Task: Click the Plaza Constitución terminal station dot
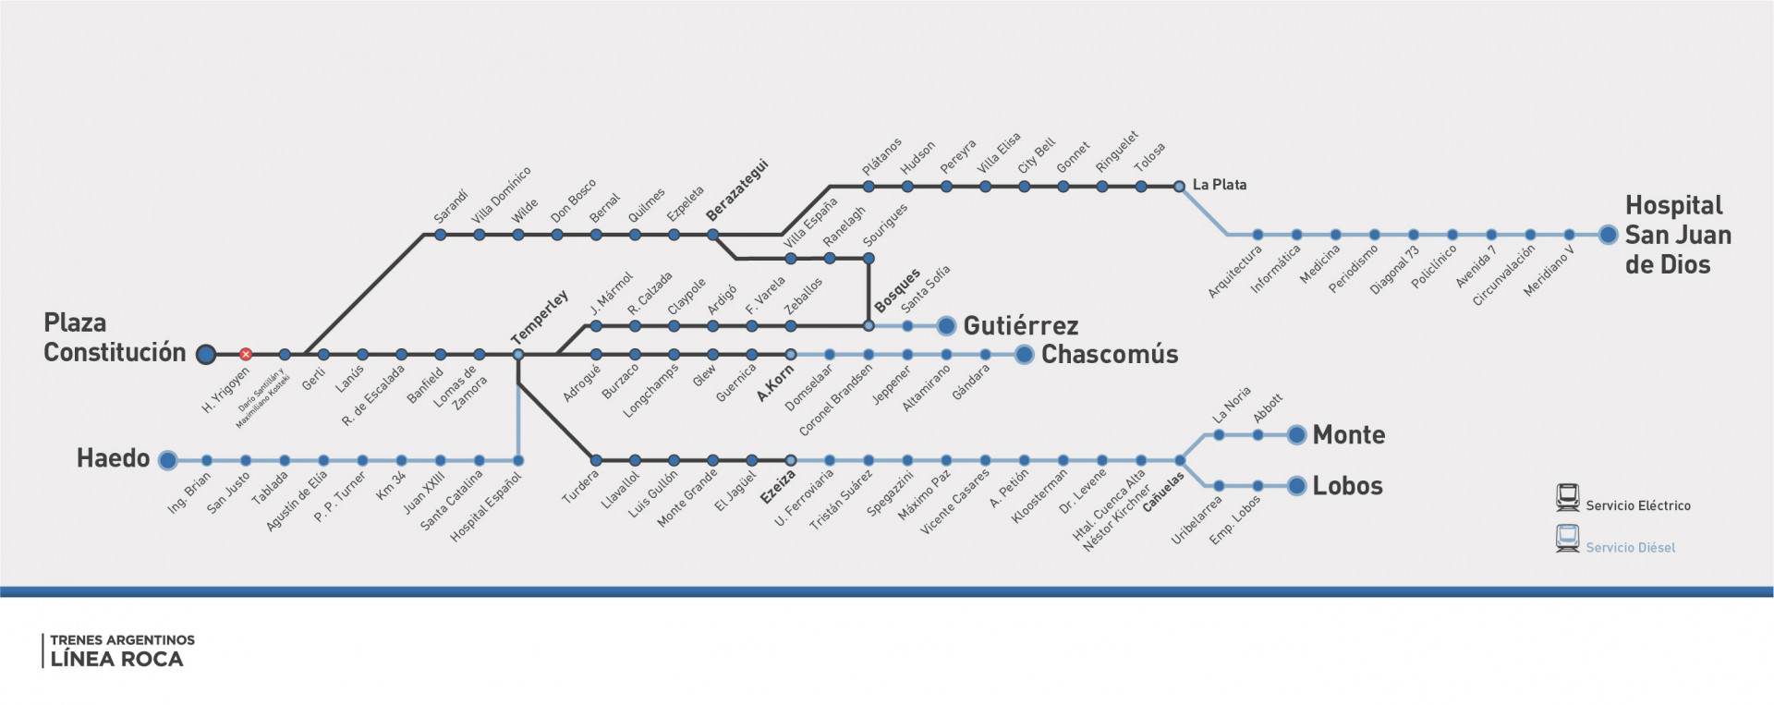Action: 206,354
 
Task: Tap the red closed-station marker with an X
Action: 246,354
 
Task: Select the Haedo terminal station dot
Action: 167,460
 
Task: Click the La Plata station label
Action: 1220,185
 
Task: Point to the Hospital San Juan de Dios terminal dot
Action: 1609,235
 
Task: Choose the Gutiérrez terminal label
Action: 1021,326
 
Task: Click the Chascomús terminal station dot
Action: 1024,354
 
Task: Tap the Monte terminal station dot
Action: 1296,435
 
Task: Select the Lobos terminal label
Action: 1348,486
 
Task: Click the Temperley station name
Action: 540,317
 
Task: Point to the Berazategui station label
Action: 737,191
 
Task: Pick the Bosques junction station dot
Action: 869,326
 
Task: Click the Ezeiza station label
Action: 778,487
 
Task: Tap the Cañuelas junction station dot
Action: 1180,460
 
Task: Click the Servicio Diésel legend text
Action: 1631,548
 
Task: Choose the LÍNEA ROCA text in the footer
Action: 116,660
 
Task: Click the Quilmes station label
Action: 647,205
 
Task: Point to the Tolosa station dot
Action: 1141,187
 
